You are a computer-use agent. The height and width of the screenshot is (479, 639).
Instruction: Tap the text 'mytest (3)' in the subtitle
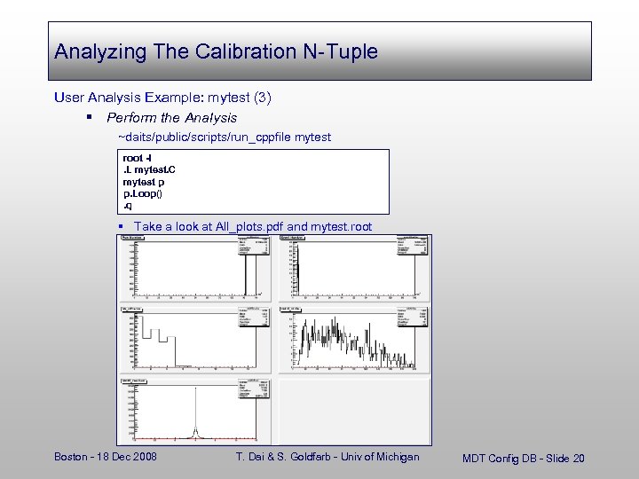(246, 97)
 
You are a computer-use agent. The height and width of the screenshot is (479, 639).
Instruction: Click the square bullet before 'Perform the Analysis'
(91, 118)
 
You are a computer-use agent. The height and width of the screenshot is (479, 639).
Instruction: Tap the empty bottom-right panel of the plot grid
(355, 410)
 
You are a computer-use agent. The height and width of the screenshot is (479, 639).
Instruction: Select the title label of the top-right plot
(294, 238)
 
